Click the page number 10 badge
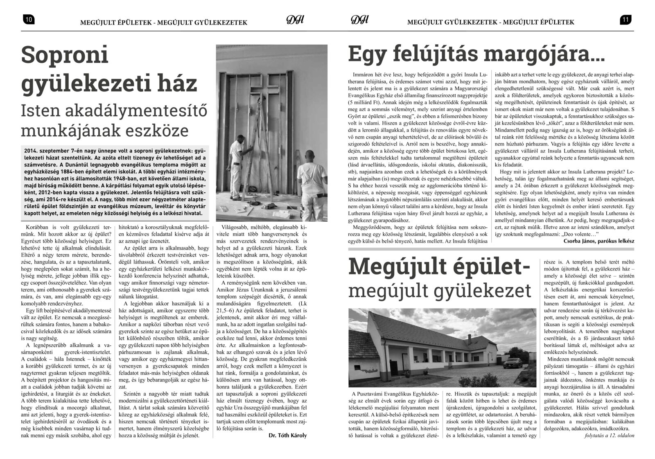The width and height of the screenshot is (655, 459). pyautogui.click(x=29, y=19)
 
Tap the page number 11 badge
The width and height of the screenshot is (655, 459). pyautogui.click(x=626, y=19)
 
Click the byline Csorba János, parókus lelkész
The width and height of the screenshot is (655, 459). pyautogui.click(x=596, y=241)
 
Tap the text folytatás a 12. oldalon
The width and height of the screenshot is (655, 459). pyautogui.click(x=610, y=447)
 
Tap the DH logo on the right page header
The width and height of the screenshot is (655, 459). pyautogui.click(x=360, y=20)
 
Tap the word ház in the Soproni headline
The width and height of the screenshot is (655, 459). pyautogui.click(x=177, y=83)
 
